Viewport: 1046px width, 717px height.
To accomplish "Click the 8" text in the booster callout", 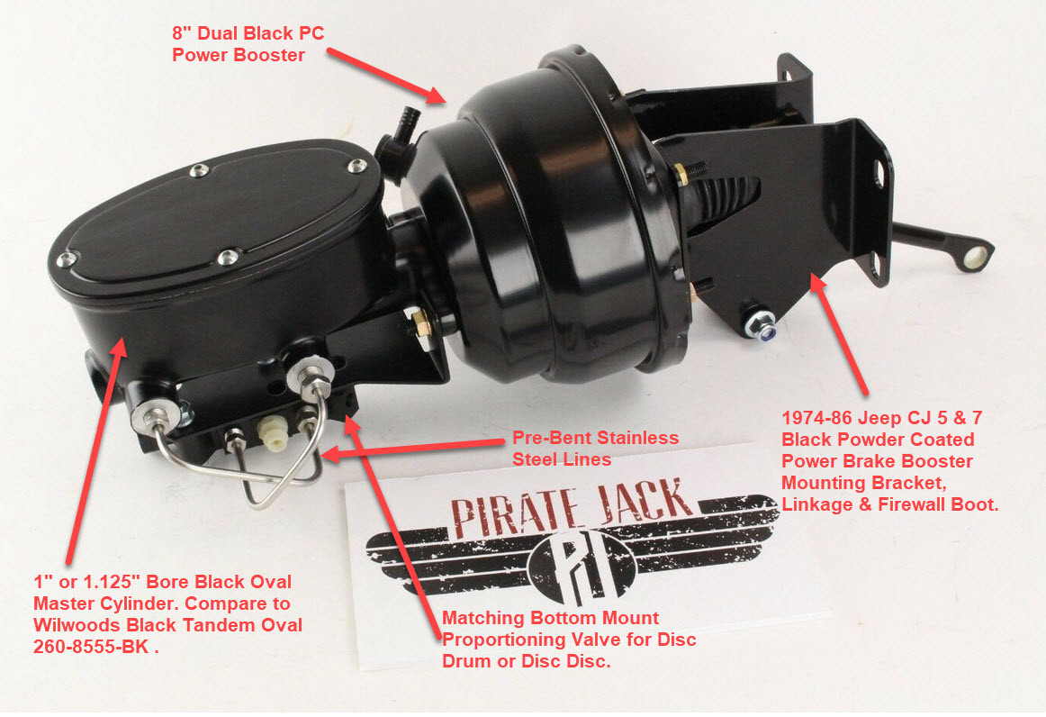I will click(184, 34).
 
